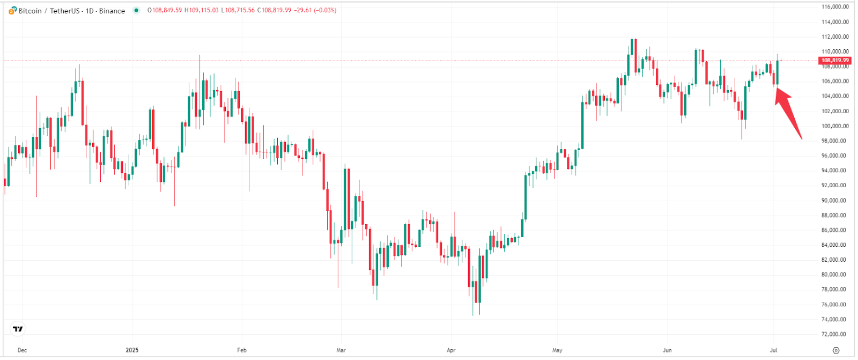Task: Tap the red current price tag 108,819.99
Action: (x=835, y=61)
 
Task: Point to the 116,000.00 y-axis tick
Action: (x=835, y=7)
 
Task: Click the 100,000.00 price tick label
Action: (x=835, y=126)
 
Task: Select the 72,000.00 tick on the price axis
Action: (x=835, y=334)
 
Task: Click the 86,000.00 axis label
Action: (x=835, y=230)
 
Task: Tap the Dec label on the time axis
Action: (x=22, y=350)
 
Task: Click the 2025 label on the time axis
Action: (x=132, y=350)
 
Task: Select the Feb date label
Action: (x=242, y=350)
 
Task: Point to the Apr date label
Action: (x=451, y=350)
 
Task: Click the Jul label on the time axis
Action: (x=774, y=350)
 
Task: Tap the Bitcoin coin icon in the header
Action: (x=12, y=11)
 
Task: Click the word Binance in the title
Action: (x=112, y=11)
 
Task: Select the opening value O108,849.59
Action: (x=165, y=11)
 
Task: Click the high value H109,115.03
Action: (x=202, y=11)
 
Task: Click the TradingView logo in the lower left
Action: (x=18, y=329)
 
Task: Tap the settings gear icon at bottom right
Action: (x=835, y=350)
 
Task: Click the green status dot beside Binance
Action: (x=136, y=10)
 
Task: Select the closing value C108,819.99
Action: (x=274, y=11)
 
